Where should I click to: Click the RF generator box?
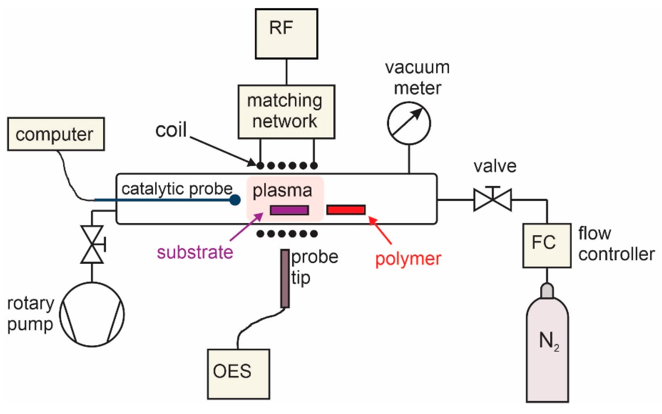coord(286,33)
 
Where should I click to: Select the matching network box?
coord(286,112)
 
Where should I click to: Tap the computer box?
coord(56,134)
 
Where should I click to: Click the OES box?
coord(238,374)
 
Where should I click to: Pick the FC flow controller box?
coord(547,245)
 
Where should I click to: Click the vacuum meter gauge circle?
coord(409,123)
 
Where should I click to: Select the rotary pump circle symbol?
coord(92,314)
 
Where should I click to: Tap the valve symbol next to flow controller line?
coord(492,200)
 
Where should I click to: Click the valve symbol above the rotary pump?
coord(92,244)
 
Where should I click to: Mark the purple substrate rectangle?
coord(290,210)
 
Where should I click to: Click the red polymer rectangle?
coord(346,210)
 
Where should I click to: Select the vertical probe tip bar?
coord(285,278)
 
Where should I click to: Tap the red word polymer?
coord(408,259)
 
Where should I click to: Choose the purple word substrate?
coord(195,252)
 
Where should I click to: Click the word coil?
coord(171,129)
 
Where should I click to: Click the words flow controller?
coord(616,244)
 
